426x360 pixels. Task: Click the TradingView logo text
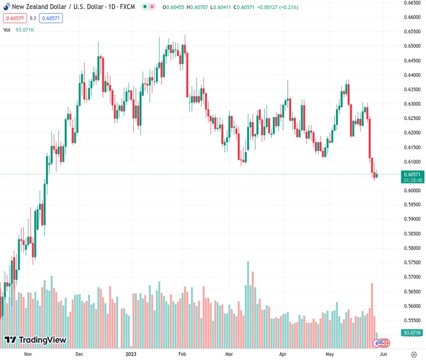click(x=42, y=340)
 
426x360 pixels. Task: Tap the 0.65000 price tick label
click(x=412, y=46)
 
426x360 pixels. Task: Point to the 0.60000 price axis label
click(x=412, y=191)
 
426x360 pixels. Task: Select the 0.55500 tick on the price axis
click(x=412, y=320)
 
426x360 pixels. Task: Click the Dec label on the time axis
click(x=80, y=354)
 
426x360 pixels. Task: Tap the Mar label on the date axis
click(x=229, y=354)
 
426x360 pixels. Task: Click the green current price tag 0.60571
click(x=412, y=174)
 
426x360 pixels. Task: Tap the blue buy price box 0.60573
click(x=52, y=18)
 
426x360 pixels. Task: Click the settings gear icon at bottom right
click(x=414, y=354)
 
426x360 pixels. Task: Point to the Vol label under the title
click(x=7, y=29)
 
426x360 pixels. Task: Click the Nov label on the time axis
click(x=27, y=354)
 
